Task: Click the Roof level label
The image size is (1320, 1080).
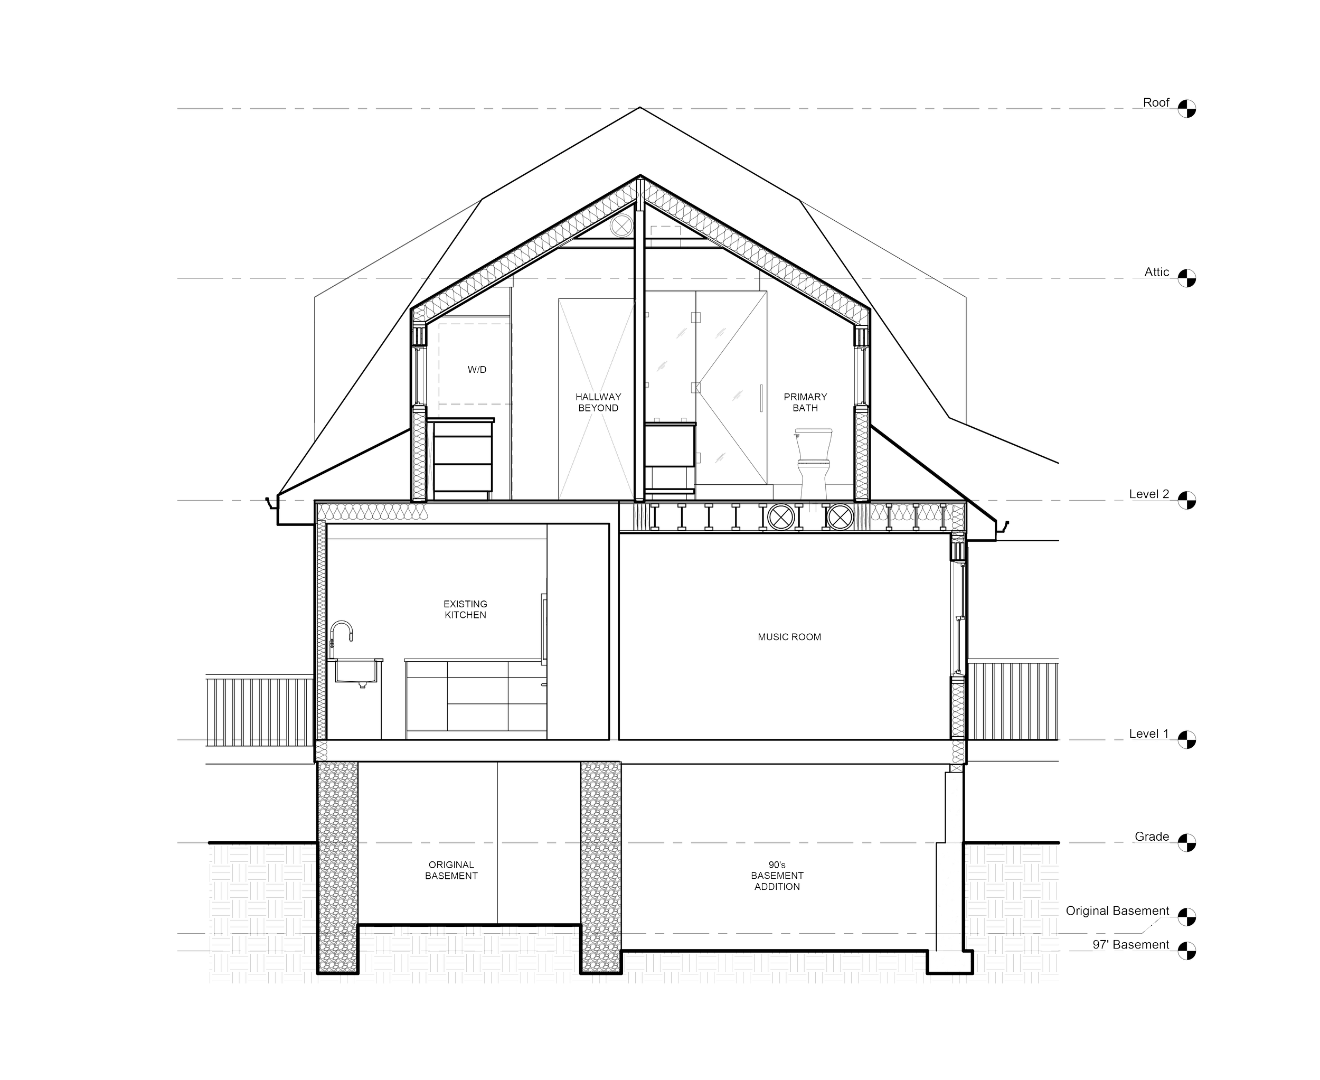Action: point(1156,102)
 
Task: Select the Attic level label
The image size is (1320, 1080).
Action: point(1157,272)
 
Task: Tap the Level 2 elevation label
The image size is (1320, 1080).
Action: point(1149,494)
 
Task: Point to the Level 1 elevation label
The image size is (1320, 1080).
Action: point(1149,734)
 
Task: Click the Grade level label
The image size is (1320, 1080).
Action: point(1152,836)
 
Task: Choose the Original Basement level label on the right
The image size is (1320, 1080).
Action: point(1117,911)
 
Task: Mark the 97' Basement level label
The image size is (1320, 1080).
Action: point(1131,944)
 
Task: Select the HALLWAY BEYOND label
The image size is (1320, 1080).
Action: point(598,402)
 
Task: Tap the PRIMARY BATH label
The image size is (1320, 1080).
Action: point(806,402)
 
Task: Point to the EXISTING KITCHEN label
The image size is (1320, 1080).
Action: point(465,609)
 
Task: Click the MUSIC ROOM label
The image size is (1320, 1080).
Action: point(789,637)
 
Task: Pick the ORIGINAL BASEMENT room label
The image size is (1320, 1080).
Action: point(451,870)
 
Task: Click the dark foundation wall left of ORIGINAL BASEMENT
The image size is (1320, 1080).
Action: point(338,868)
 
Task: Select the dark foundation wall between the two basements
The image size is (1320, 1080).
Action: point(601,868)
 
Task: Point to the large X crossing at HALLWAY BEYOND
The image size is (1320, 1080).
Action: point(597,399)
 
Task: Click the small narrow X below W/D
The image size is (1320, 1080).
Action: point(430,461)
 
